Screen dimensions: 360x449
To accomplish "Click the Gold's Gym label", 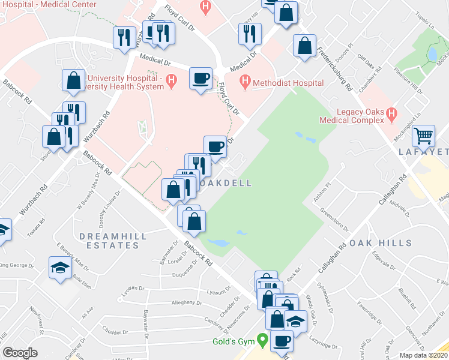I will (x=233, y=341).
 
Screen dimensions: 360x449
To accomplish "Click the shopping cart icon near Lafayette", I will (x=424, y=136).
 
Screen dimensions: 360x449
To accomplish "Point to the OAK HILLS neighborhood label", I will (x=381, y=243).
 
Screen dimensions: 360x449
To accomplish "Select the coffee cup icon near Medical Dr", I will (x=200, y=78).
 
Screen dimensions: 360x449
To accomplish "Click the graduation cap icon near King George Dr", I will (x=60, y=268).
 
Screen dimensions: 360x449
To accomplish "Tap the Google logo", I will (x=19, y=353).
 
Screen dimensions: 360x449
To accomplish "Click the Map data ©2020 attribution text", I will (x=424, y=355).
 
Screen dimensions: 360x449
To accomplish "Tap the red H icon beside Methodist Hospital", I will (x=244, y=80).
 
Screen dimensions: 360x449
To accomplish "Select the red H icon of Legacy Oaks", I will (x=393, y=113).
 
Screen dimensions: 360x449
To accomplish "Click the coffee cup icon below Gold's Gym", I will (x=281, y=341).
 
